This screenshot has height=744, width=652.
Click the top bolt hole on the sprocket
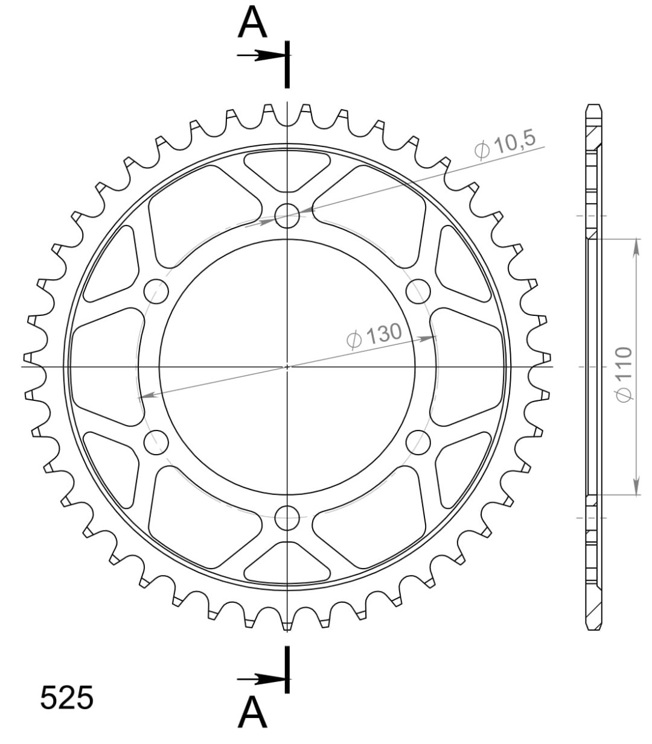287,215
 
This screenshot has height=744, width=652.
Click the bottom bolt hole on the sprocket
287,517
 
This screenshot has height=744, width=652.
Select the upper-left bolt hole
156,291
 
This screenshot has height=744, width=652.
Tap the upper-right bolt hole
418,291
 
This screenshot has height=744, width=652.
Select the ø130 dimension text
374,336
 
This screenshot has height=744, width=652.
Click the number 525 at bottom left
67,698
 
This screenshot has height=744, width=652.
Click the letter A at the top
253,24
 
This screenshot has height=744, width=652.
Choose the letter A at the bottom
253,714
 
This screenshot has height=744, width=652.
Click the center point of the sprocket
287,366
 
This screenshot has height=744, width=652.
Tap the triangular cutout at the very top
288,170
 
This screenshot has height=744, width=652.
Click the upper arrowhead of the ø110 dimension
636,247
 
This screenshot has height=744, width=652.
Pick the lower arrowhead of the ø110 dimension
636,487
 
